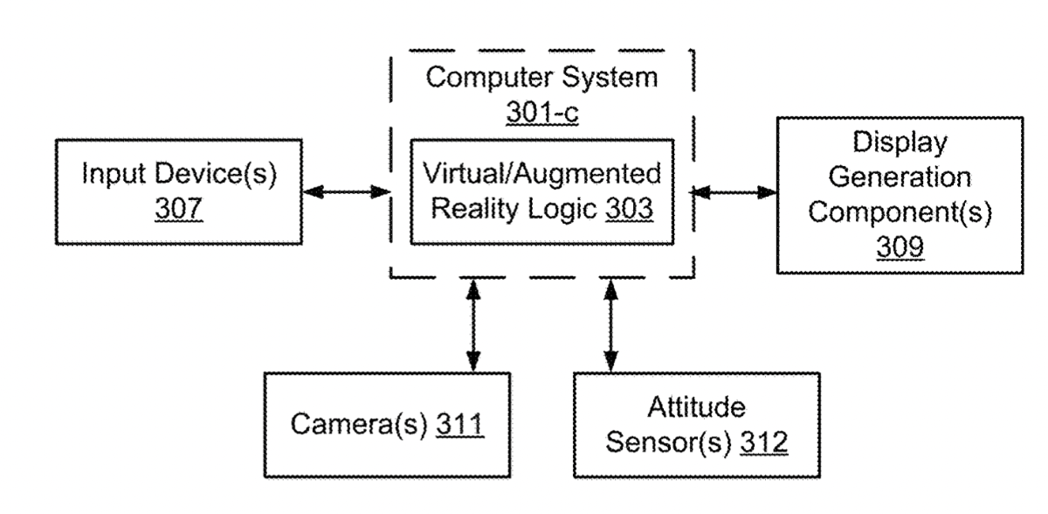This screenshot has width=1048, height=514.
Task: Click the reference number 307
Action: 179,210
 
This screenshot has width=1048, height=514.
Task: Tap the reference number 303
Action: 628,211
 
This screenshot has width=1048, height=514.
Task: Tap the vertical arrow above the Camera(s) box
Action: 472,324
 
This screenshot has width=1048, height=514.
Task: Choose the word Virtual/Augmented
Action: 541,174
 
